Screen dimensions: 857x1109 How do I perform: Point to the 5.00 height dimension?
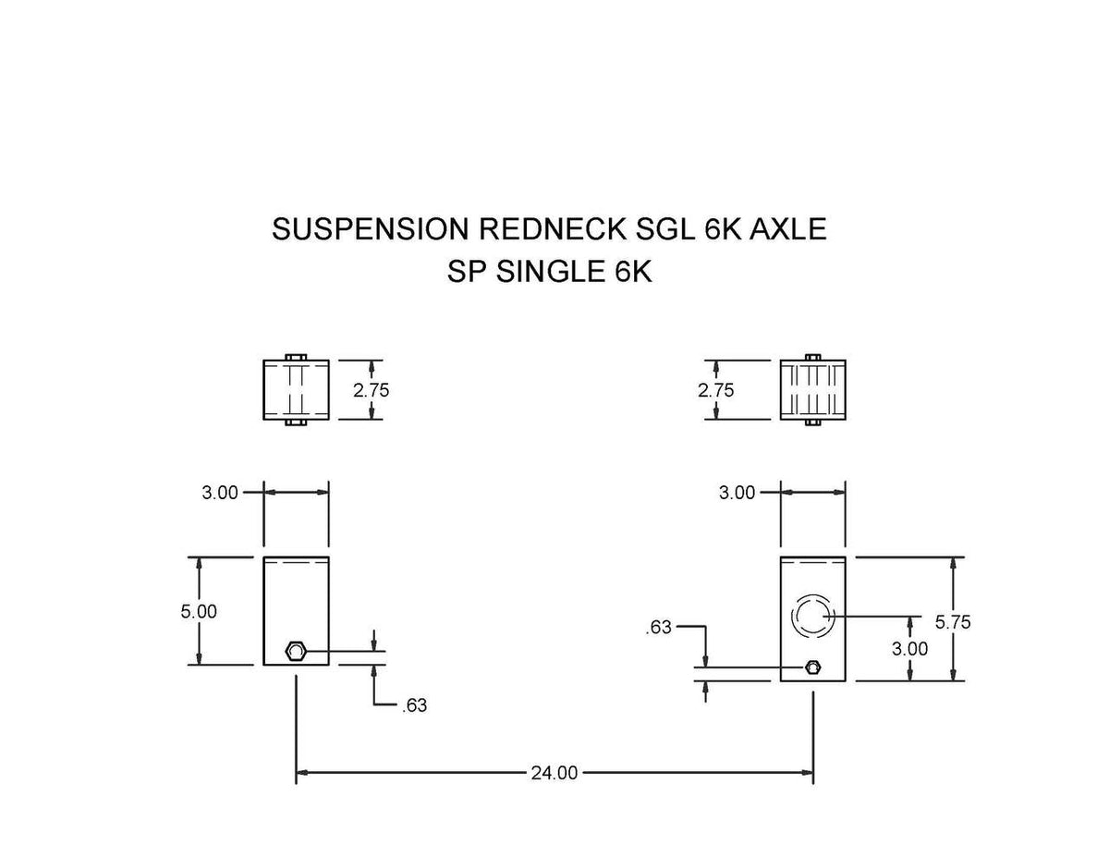coord(199,611)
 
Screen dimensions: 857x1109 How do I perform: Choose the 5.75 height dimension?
coord(952,622)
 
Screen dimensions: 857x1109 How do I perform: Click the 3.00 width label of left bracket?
coord(220,493)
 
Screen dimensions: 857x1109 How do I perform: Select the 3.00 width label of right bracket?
coord(737,493)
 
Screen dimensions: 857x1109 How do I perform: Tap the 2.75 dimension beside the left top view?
coord(372,390)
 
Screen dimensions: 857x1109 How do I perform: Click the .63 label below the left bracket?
coord(415,707)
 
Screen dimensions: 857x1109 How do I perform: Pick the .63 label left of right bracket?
coord(658,629)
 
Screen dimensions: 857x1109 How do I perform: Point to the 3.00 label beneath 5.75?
coord(909,649)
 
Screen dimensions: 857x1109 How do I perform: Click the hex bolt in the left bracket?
coord(295,652)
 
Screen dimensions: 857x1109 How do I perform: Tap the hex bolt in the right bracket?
coord(812,667)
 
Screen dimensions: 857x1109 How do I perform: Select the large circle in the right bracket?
coord(812,616)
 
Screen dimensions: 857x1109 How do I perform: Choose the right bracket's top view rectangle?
coord(812,390)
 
